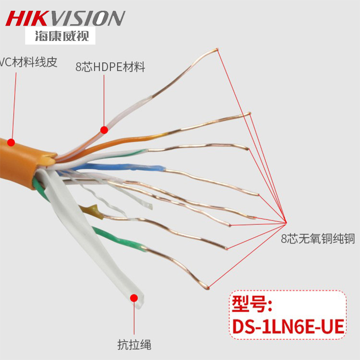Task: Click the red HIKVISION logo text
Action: point(65,18)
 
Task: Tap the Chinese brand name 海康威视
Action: point(66,36)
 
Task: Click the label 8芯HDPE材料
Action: point(110,68)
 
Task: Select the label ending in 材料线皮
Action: point(29,62)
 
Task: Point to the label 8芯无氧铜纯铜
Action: point(318,239)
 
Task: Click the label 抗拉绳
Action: point(134,345)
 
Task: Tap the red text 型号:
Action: point(252,305)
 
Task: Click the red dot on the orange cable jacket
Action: point(11,143)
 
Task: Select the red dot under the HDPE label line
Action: point(104,130)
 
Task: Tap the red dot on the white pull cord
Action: point(134,297)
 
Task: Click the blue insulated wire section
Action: point(135,167)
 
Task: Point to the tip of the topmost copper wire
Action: point(218,49)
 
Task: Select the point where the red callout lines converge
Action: point(286,222)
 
